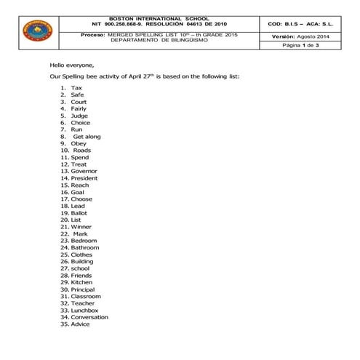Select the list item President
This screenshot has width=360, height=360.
pyautogui.click(x=84, y=178)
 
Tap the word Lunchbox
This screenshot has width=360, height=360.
pyautogui.click(x=85, y=310)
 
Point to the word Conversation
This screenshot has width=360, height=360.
pyautogui.click(x=89, y=317)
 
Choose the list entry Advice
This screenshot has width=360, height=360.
pyautogui.click(x=81, y=324)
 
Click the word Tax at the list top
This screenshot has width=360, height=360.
pyautogui.click(x=77, y=87)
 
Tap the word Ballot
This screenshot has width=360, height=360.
pyautogui.click(x=79, y=212)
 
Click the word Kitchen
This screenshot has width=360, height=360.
pyautogui.click(x=81, y=282)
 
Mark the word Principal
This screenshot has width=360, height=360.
pyautogui.click(x=84, y=289)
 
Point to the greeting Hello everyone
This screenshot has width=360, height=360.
pyautogui.click(x=72, y=64)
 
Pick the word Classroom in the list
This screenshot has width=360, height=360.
pyautogui.click(x=86, y=296)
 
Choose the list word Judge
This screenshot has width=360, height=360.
pyautogui.click(x=79, y=115)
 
